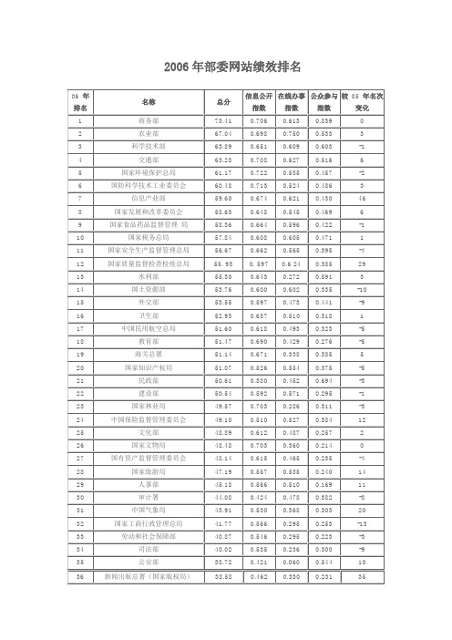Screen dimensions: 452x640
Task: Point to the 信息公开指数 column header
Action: coord(260,101)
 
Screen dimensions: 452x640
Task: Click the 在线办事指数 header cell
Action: coord(291,101)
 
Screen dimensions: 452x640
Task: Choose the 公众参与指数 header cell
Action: coord(324,101)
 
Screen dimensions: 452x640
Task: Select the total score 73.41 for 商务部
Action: coord(222,120)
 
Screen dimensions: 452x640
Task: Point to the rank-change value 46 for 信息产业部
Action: coord(362,197)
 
